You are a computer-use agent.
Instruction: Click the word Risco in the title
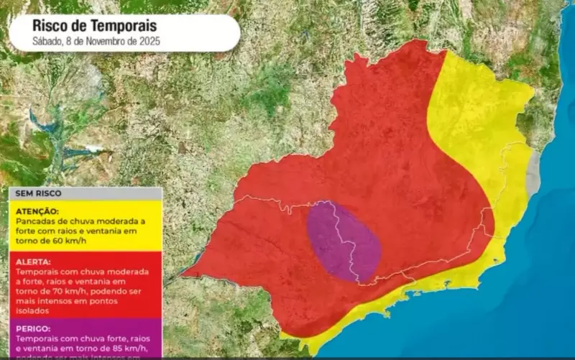[x=50, y=26]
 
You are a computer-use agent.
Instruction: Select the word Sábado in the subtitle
[x=47, y=42]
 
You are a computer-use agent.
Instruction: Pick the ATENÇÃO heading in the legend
[x=35, y=211]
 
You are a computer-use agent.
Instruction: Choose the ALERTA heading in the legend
[x=32, y=263]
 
